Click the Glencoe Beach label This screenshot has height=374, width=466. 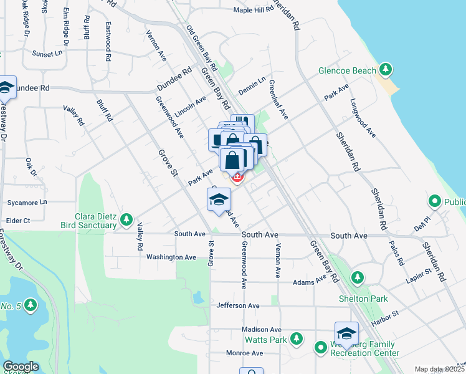point(347,70)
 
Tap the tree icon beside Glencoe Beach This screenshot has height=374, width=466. point(387,69)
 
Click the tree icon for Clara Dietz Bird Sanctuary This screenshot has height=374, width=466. point(126,219)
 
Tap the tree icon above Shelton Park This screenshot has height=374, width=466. point(357,276)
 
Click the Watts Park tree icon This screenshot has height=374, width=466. point(297,338)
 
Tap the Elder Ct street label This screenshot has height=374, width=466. point(17,220)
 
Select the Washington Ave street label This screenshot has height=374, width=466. point(171,257)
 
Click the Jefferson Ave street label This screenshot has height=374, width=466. point(238,305)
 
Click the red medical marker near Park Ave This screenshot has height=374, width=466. point(237,178)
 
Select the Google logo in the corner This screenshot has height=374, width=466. point(21,367)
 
